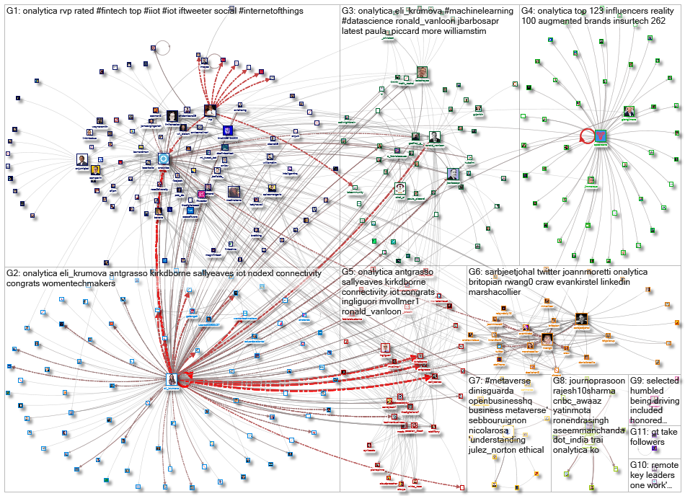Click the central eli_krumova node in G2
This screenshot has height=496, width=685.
(172, 378)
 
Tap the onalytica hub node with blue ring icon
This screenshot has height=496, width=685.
(164, 159)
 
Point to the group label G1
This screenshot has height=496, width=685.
(13, 12)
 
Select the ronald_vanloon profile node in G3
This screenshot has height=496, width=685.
(435, 138)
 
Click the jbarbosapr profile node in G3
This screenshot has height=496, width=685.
(453, 174)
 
